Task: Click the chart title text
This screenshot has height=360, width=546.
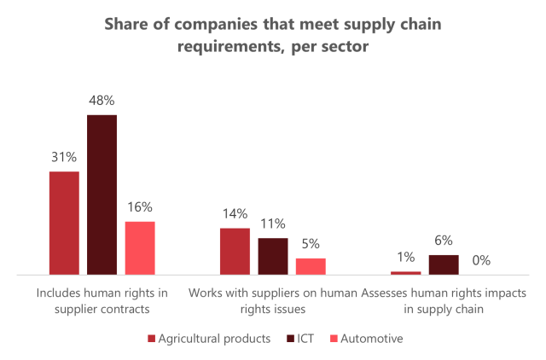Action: click(273, 34)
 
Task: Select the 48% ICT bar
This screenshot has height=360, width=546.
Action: click(102, 195)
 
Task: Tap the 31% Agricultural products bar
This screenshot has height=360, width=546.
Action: click(64, 223)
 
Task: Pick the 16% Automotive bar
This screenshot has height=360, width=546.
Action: click(140, 248)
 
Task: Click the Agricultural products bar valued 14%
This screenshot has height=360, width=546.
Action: click(235, 252)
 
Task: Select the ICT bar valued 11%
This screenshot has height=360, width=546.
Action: click(273, 256)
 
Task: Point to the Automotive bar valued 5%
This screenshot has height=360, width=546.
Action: click(311, 266)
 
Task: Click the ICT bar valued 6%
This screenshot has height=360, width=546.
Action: click(444, 264)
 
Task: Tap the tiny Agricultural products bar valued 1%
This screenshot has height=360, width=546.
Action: click(406, 273)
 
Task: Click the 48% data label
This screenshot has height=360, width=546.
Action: click(102, 100)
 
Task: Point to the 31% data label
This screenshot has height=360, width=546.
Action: click(64, 157)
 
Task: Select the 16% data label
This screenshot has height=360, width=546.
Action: click(140, 206)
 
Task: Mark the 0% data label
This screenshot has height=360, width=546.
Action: click(482, 260)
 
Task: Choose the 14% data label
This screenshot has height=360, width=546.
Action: click(235, 213)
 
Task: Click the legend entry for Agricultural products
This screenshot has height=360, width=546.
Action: click(210, 339)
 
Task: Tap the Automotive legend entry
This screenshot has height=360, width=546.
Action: click(365, 339)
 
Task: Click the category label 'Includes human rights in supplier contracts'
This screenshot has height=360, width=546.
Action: click(102, 301)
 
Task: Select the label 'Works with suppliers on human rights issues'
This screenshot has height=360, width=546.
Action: click(273, 301)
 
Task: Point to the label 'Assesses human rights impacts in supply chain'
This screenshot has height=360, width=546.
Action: click(444, 301)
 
